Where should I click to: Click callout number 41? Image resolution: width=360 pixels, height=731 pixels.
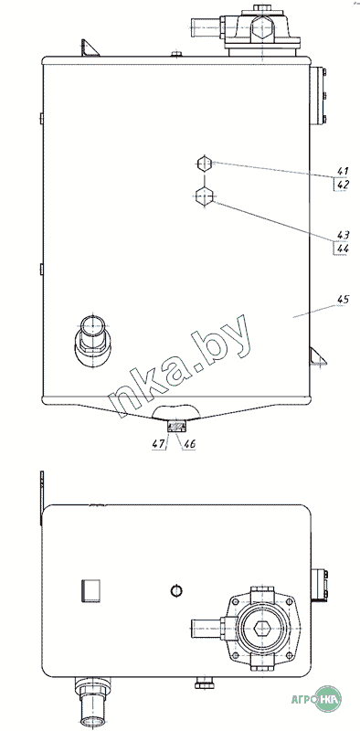[x=343, y=171]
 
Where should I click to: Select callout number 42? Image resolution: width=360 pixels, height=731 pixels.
[x=343, y=185]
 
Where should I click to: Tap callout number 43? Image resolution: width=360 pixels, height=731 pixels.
[x=343, y=235]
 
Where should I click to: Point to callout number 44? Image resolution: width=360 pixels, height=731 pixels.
[x=343, y=248]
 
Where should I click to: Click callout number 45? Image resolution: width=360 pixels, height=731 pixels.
[x=343, y=300]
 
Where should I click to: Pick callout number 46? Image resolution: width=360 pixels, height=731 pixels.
[x=190, y=444]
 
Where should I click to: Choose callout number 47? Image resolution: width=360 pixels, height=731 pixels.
[x=159, y=444]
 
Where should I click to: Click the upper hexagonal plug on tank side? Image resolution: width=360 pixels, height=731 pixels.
[x=204, y=164]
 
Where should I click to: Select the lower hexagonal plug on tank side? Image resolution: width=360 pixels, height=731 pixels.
[x=204, y=196]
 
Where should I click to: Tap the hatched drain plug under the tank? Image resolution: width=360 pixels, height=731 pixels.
[x=176, y=426]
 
